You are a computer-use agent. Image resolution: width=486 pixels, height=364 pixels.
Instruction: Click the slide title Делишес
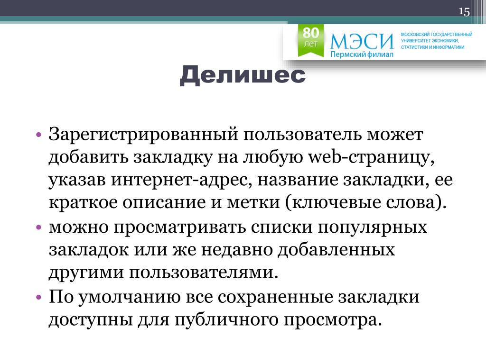tap(243, 76)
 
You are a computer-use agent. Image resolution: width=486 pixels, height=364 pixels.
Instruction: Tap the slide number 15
tap(464, 11)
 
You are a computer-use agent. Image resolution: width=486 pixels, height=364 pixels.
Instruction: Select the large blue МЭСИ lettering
tap(362, 42)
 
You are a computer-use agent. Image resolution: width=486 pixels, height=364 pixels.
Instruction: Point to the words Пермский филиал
tap(362, 55)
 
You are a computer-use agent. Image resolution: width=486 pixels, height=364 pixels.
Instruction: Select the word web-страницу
tap(371, 157)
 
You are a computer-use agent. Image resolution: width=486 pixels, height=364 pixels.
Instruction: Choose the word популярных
tap(373, 227)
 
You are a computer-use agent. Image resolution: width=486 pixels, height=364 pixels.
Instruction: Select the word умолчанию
tap(129, 298)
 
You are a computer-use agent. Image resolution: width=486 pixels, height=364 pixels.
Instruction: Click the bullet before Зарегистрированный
tap(38, 135)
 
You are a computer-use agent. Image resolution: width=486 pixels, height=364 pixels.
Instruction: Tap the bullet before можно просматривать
tap(38, 227)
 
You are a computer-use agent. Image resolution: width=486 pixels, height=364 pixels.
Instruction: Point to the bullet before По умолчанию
tap(38, 298)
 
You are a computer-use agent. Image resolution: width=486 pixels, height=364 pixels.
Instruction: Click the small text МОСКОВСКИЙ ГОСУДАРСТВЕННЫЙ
tap(437, 34)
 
